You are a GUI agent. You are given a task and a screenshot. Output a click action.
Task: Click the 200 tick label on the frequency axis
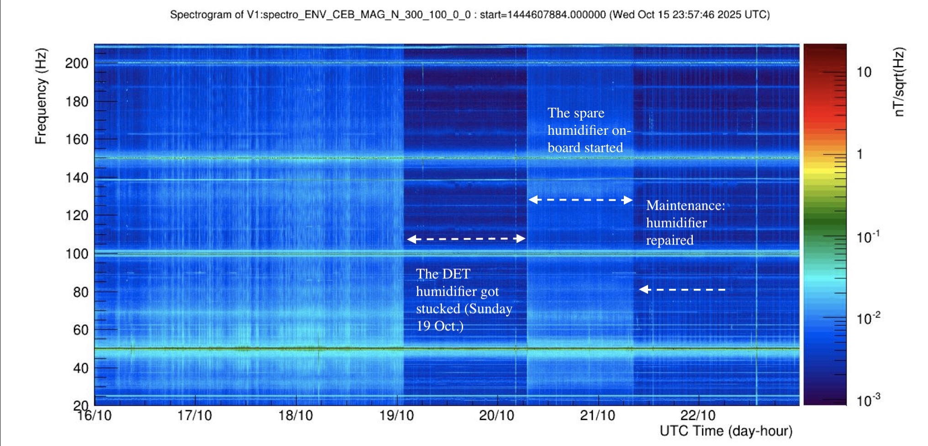77,63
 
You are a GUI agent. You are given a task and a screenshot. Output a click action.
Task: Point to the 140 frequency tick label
77,177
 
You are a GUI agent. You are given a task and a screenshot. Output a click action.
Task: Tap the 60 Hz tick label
81,329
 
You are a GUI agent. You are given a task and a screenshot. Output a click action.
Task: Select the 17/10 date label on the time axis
195,415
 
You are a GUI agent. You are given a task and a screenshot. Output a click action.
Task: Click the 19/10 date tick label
396,415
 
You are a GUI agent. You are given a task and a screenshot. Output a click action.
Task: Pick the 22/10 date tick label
698,415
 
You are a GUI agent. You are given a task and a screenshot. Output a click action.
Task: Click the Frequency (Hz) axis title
41,96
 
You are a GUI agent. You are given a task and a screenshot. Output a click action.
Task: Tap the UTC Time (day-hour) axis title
726,431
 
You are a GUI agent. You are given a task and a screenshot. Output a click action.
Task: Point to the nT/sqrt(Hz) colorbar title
898,82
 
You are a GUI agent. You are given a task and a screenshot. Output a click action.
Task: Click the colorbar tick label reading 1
860,154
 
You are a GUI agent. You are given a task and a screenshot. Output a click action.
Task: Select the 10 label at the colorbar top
864,72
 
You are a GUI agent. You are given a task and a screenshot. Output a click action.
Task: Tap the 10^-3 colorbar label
868,400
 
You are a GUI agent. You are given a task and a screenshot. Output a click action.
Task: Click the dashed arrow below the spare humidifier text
580,200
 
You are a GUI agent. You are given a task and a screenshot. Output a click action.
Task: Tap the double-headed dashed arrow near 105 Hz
466,239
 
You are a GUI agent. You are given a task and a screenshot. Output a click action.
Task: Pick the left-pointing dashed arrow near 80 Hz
682,289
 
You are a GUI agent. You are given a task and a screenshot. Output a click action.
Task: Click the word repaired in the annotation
670,240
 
